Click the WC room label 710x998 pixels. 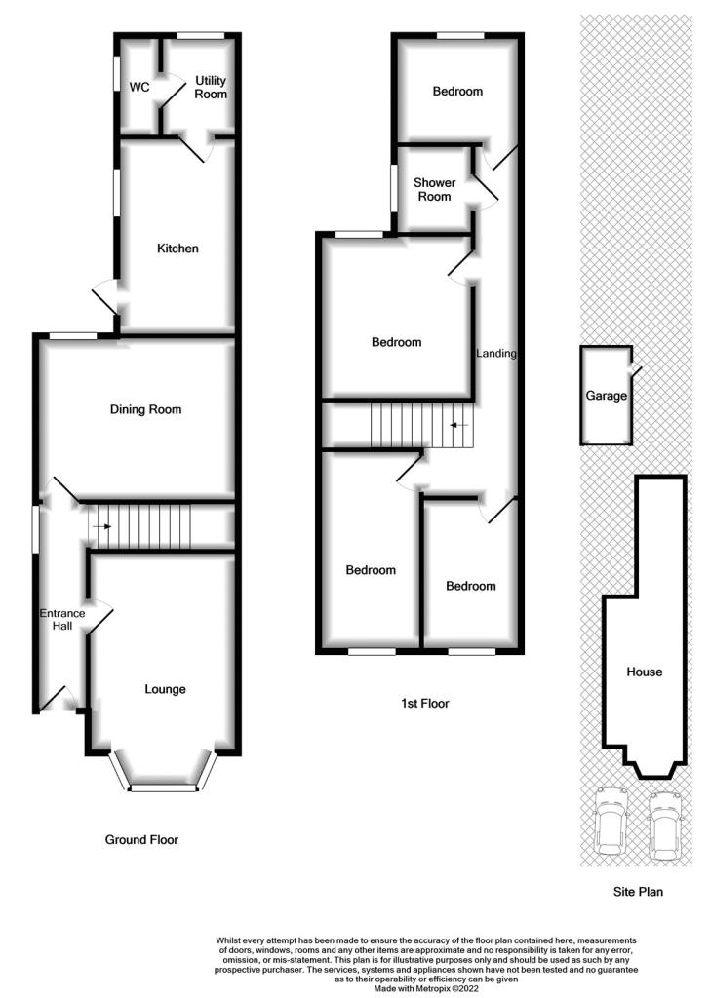139,87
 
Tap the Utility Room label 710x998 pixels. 211,87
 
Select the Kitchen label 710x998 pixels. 177,249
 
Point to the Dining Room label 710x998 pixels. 146,409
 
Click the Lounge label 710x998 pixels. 165,689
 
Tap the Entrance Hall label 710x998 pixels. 62,619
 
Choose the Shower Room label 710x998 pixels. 434,190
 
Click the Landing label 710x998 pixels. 496,353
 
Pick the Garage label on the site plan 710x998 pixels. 607,396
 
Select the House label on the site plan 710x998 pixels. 645,672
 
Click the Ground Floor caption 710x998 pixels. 141,839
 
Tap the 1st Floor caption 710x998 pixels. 424,704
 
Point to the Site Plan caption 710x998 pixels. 638,892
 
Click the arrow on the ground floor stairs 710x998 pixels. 101,527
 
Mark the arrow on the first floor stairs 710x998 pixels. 459,425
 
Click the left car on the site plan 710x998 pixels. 610,822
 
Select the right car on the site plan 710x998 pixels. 664,825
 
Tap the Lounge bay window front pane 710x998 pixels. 163,787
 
